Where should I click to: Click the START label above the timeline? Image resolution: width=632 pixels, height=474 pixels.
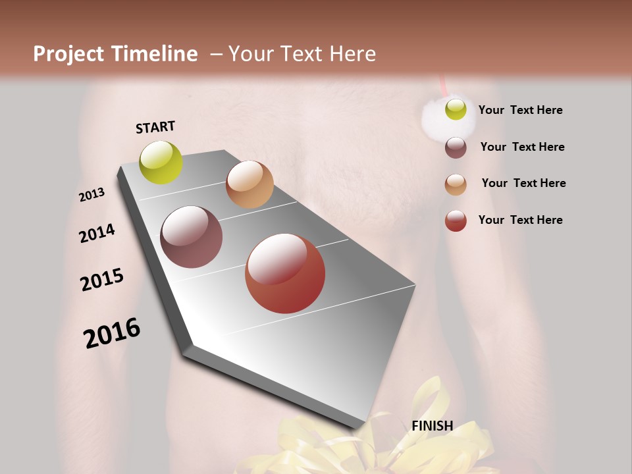click(x=155, y=127)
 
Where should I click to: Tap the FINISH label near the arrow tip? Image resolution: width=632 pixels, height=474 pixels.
click(x=433, y=426)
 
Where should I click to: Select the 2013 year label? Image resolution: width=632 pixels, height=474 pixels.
click(x=92, y=194)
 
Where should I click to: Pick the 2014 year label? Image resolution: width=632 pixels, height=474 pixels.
click(x=97, y=233)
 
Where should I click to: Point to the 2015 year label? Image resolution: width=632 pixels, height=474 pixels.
click(x=102, y=280)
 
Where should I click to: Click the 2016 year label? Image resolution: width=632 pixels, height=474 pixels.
click(x=112, y=333)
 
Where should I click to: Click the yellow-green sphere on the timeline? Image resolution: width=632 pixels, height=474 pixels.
click(x=161, y=162)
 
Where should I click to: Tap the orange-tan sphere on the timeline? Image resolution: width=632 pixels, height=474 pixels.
click(x=250, y=184)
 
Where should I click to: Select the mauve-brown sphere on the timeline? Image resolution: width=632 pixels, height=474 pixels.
click(x=192, y=237)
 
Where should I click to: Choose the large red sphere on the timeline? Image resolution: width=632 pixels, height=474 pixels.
click(x=285, y=273)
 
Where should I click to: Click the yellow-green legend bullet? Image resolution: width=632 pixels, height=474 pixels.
click(x=456, y=110)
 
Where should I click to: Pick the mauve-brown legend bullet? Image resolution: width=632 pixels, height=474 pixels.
click(x=456, y=147)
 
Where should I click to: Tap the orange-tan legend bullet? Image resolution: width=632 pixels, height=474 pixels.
click(x=456, y=184)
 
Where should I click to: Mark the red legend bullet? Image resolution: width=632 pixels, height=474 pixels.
click(x=456, y=221)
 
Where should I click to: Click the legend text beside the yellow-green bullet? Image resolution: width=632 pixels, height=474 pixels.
click(x=521, y=110)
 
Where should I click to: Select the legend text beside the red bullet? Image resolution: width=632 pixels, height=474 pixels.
click(x=521, y=220)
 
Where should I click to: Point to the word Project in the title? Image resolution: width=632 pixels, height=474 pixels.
click(x=69, y=54)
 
